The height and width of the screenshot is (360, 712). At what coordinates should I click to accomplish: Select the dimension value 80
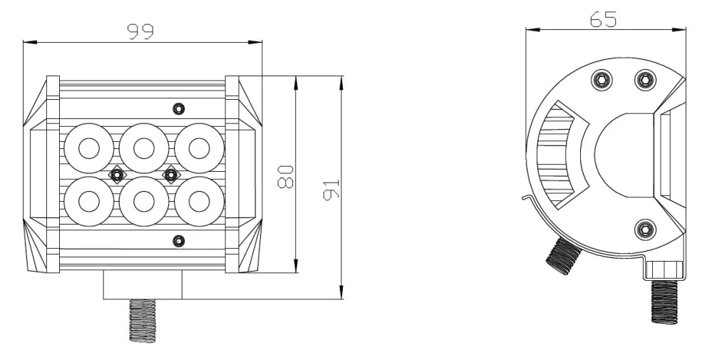[x=285, y=175]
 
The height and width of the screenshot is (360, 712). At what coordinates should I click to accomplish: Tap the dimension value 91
[x=331, y=189]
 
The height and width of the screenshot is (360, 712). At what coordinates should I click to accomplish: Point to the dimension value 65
[x=603, y=19]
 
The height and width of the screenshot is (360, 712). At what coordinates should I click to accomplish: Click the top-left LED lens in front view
[x=88, y=148]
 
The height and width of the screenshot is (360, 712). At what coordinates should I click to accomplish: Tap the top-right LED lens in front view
[x=200, y=148]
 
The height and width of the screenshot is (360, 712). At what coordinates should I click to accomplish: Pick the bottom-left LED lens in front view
[x=88, y=200]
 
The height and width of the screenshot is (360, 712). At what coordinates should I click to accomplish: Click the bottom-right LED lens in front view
[x=200, y=200]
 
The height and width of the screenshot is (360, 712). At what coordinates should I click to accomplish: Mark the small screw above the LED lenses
[x=178, y=108]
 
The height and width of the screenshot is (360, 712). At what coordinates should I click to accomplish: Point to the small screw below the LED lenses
[x=178, y=240]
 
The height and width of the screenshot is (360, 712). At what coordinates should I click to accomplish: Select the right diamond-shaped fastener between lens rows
[x=171, y=174]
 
